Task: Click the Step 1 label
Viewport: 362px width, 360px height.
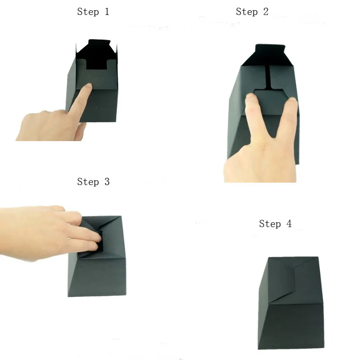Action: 93,12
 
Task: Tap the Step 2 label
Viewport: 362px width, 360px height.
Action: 252,12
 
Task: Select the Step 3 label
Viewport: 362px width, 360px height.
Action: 93,182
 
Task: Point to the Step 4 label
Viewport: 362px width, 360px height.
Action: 275,224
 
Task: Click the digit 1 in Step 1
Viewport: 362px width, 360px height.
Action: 107,12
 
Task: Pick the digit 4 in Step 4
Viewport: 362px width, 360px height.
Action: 289,224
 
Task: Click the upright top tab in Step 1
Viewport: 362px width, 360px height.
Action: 99,43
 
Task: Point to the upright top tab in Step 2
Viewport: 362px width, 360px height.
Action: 270,48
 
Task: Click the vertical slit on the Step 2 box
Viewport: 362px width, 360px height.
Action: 268,78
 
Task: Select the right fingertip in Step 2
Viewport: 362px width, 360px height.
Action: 292,101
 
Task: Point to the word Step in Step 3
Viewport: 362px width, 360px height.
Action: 88,182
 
